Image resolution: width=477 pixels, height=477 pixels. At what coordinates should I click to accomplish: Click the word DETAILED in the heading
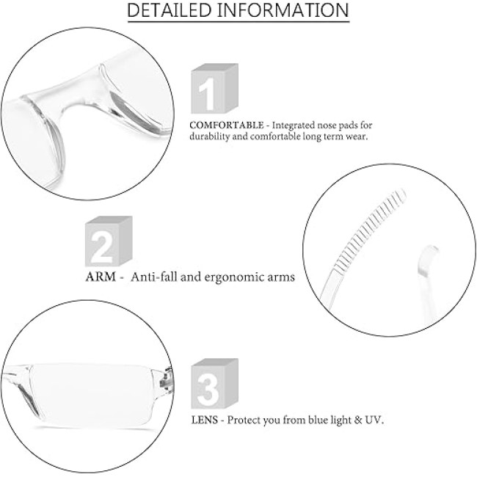[169, 10]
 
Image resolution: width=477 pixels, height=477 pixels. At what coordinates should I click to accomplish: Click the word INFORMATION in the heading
[283, 10]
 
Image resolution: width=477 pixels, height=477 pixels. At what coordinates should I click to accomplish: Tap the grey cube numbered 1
[214, 89]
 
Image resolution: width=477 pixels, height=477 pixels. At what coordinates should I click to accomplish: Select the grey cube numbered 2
[109, 241]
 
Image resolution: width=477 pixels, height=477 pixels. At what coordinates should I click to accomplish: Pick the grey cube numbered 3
[214, 384]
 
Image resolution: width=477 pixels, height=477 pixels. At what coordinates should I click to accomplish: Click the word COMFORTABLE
[227, 125]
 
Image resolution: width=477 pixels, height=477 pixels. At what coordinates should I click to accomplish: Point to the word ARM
[101, 277]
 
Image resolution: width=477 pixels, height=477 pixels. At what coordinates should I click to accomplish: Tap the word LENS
[205, 420]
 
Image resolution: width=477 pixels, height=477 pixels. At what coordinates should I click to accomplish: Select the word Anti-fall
[154, 277]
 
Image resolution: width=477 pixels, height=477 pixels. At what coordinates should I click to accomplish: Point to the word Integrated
[293, 125]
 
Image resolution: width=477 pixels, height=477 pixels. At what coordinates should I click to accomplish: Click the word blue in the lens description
[318, 420]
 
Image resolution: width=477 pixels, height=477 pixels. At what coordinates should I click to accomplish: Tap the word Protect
[244, 420]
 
